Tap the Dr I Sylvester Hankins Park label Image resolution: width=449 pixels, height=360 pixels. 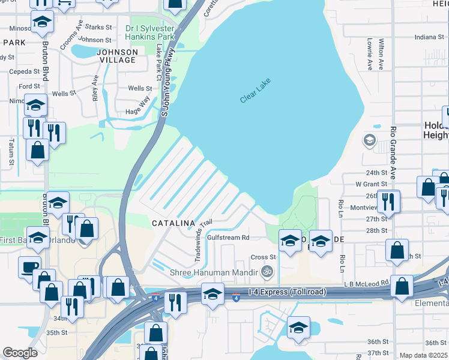(149, 32)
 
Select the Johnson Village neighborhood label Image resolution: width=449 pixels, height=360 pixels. (116, 56)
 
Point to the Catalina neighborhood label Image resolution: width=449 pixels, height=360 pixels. (173, 223)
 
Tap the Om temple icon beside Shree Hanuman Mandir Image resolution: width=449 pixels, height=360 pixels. (267, 271)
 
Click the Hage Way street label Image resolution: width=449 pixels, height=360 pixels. (137, 106)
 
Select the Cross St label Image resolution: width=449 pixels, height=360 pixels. (263, 257)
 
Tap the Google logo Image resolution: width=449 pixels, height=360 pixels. (20, 353)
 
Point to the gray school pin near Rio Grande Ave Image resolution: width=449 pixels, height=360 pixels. (369, 141)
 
